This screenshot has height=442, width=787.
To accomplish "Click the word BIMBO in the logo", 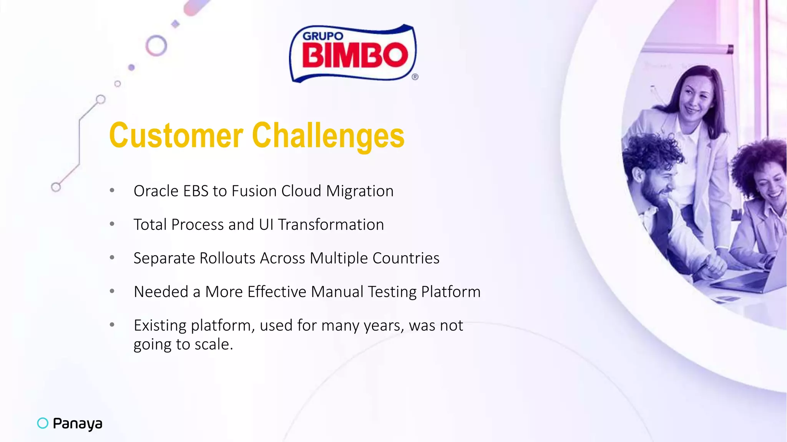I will (354, 55).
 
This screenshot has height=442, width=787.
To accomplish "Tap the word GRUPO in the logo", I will (323, 36).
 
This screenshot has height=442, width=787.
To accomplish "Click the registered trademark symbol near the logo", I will (415, 77).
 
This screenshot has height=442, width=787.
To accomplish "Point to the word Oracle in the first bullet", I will (156, 191).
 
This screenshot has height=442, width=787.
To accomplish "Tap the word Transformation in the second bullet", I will (331, 224).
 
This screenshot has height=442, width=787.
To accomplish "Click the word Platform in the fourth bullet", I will (451, 292).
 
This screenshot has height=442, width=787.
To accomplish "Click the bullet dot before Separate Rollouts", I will (112, 257).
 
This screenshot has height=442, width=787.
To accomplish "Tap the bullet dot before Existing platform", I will (112, 325).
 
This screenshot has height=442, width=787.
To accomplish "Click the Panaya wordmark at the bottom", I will (77, 423).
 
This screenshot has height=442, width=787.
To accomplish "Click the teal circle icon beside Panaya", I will (43, 423).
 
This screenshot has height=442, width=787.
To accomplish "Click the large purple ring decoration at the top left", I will (156, 46).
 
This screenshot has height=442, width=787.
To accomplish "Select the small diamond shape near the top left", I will (176, 24).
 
